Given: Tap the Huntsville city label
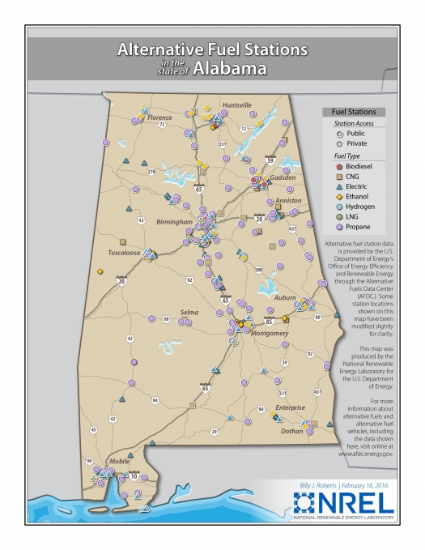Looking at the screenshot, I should click(236, 104).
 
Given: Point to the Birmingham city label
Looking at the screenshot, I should click(175, 220).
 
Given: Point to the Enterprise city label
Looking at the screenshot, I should click(289, 407).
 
